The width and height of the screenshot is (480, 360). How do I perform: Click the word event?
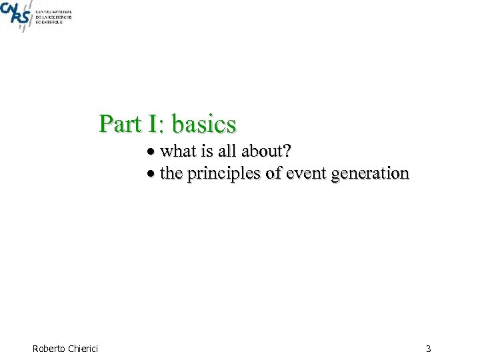305,174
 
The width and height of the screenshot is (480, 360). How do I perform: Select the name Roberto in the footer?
49,348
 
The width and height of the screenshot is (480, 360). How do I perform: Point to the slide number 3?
428,348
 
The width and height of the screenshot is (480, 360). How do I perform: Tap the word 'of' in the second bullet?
273,174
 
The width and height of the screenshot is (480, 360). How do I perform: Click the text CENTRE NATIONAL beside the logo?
54,12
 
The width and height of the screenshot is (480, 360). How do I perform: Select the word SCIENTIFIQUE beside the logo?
49,23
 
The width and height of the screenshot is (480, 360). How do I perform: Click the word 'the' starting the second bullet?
171,174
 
